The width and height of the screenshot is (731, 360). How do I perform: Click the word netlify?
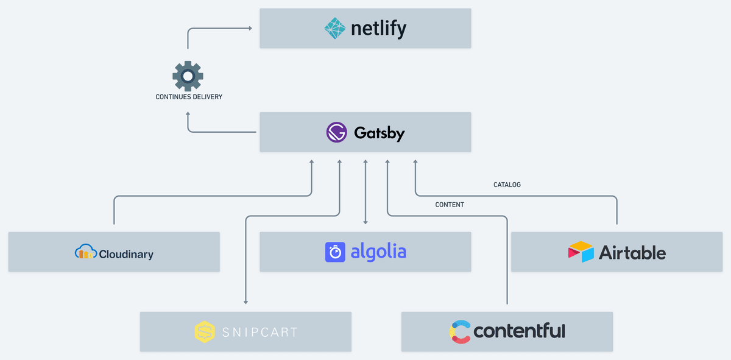[x=378, y=28]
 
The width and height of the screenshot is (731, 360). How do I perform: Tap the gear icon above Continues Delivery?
[x=188, y=76]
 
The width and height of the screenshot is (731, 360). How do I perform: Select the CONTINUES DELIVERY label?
[x=189, y=97]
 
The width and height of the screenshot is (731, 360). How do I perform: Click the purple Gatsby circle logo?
[x=336, y=132]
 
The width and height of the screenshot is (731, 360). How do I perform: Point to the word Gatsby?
[x=379, y=133]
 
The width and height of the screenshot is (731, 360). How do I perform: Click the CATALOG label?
[x=507, y=185]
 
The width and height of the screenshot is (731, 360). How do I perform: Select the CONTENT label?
[x=450, y=205]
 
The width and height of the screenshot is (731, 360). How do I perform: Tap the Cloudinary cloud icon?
[x=85, y=252]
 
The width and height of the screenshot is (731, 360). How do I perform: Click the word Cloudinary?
[x=126, y=255]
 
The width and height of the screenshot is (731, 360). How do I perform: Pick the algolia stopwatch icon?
[x=335, y=252]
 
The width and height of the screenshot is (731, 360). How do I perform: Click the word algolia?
[x=378, y=251]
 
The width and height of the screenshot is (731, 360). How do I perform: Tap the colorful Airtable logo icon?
[x=581, y=252]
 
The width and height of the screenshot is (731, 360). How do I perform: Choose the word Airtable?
[x=632, y=252]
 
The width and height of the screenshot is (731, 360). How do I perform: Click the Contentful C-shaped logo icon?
[x=460, y=331]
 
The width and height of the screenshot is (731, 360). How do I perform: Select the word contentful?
[x=519, y=331]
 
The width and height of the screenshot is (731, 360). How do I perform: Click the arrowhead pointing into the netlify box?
[x=250, y=28]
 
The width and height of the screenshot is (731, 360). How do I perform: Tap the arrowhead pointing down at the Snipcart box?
[x=245, y=301]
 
